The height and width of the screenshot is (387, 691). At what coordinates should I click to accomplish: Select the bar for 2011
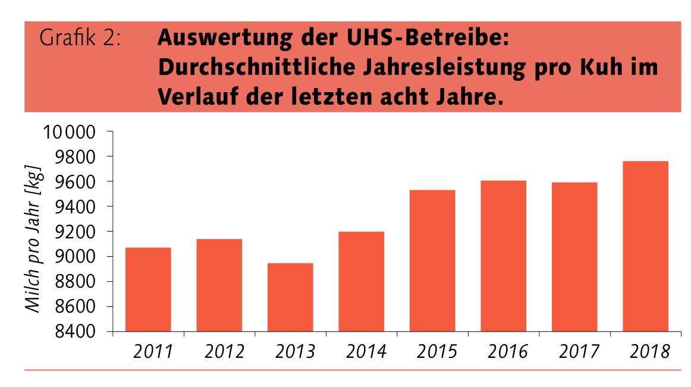148,290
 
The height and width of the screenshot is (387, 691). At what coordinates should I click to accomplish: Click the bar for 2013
290,297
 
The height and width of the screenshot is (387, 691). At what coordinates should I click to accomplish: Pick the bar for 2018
645,246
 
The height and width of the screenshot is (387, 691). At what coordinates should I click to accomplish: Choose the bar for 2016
503,256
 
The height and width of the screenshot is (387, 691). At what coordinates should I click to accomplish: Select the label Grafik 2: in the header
81,40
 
